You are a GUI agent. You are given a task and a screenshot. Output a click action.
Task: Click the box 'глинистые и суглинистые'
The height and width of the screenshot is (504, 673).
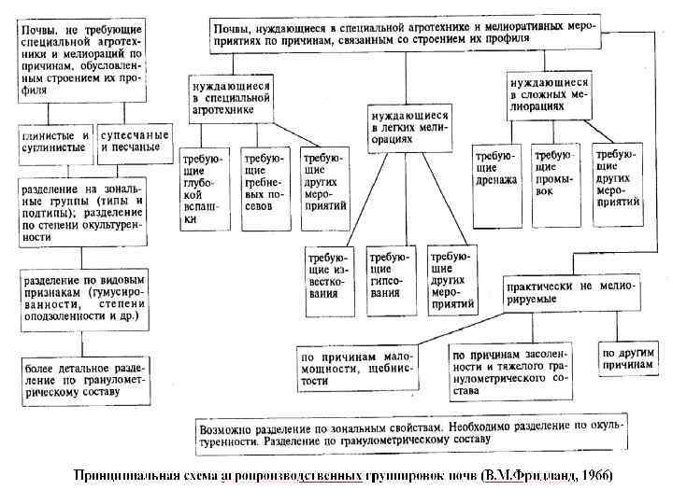54,140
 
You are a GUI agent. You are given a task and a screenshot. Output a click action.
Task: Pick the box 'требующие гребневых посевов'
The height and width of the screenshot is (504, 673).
265,182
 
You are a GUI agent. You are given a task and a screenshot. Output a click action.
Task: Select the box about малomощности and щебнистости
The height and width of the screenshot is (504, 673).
358,368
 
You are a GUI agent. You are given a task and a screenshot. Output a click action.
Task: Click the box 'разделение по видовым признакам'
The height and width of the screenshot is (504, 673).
83,299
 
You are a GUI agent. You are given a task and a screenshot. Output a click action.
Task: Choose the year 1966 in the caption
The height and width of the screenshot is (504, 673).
595,475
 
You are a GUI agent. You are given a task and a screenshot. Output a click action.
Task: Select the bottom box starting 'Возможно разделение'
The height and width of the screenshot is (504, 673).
411,430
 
